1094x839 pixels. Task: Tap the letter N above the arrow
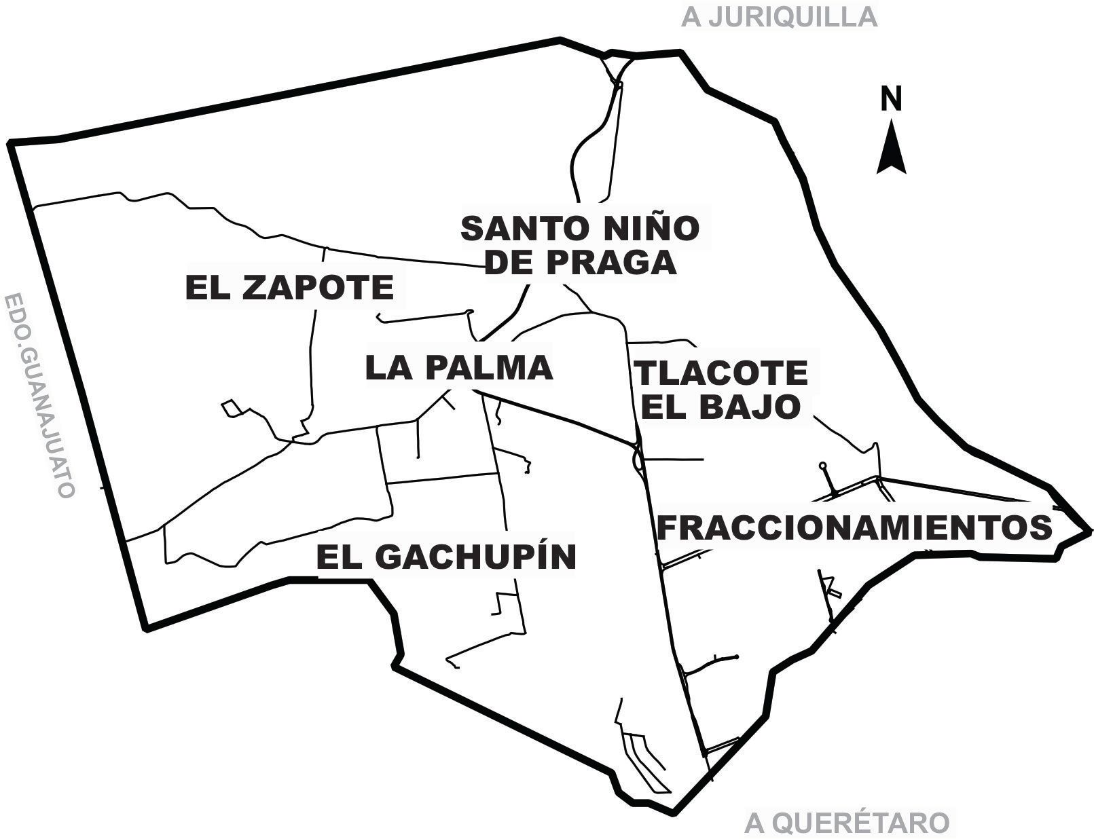click(x=892, y=99)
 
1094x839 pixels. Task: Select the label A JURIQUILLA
click(x=779, y=17)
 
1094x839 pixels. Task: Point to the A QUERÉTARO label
click(x=846, y=823)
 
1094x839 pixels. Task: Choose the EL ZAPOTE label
click(x=290, y=288)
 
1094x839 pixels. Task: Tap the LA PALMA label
click(x=459, y=368)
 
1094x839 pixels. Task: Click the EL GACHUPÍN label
click(x=446, y=557)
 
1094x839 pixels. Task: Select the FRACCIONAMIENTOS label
click(x=854, y=527)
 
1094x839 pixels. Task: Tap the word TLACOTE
click(x=721, y=373)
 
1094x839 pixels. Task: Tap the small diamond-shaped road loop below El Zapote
click(x=232, y=409)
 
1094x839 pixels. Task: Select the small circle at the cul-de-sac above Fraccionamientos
click(x=822, y=466)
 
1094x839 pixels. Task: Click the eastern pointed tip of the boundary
click(x=1089, y=530)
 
